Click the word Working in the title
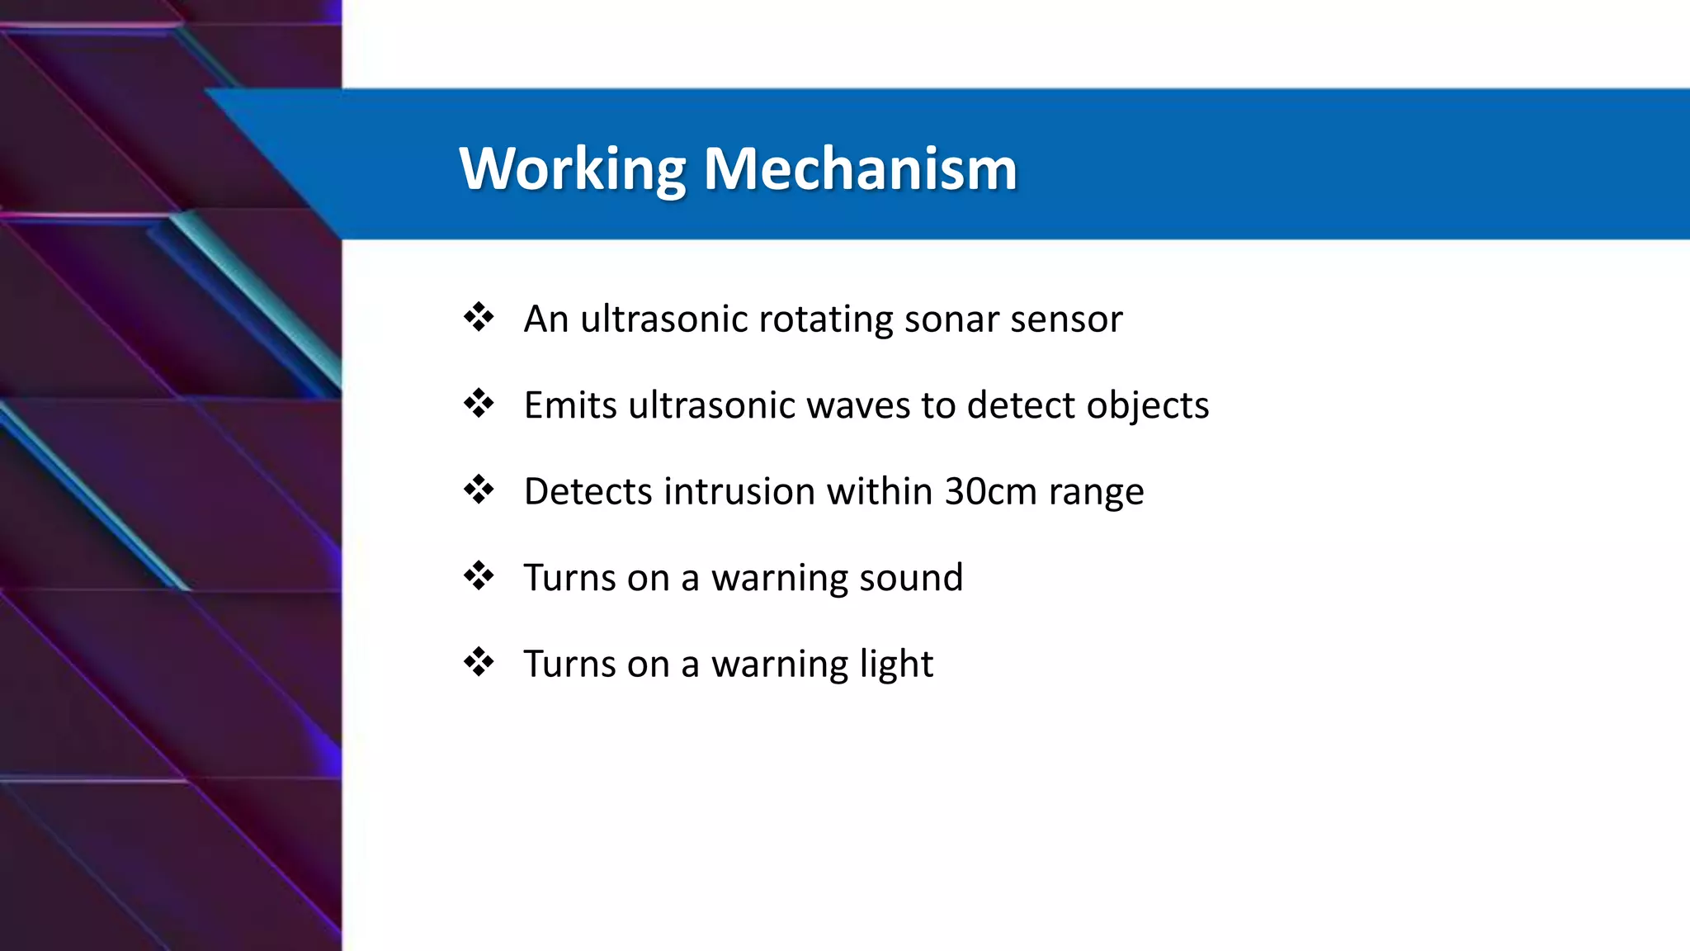pyautogui.click(x=572, y=169)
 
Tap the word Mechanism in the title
pyautogui.click(x=860, y=169)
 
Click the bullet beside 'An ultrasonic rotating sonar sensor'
pyautogui.click(x=479, y=317)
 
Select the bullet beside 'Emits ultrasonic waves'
pyautogui.click(x=479, y=404)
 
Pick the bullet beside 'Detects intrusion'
pyautogui.click(x=479, y=490)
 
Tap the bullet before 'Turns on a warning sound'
pyautogui.click(x=479, y=575)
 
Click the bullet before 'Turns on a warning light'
pyautogui.click(x=479, y=662)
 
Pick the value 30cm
pyautogui.click(x=990, y=491)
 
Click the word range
pyautogui.click(x=1096, y=493)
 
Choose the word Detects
pyautogui.click(x=588, y=491)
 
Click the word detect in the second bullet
pyautogui.click(x=1021, y=405)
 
